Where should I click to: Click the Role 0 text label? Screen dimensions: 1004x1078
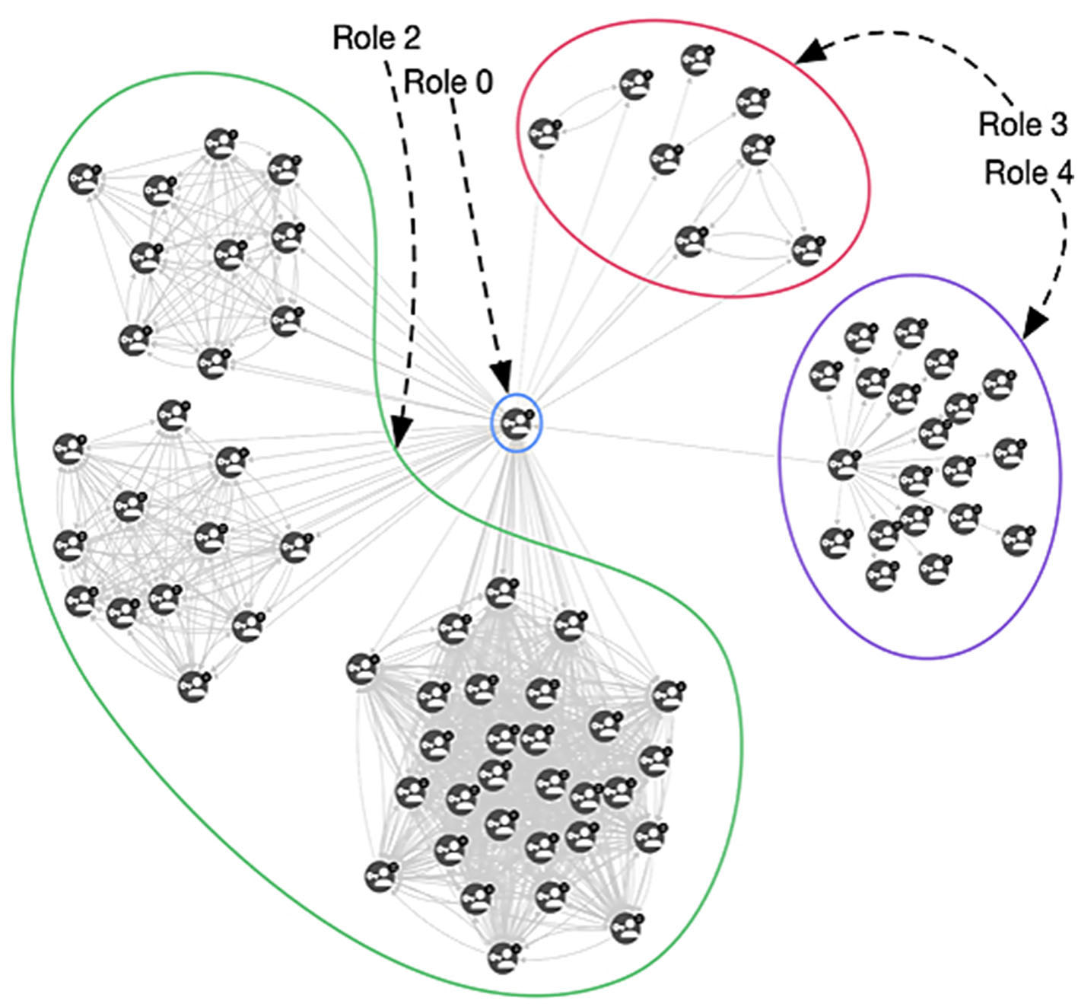point(448,81)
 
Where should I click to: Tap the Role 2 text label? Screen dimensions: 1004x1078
point(377,37)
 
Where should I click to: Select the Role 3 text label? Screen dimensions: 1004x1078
point(1023,124)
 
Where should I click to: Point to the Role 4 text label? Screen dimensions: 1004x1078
point(1029,173)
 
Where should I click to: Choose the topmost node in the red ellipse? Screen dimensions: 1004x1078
point(696,59)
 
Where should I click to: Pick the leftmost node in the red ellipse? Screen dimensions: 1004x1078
point(544,133)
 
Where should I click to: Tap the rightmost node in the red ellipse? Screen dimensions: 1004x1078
point(808,250)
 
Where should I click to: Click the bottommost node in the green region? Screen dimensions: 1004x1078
point(503,957)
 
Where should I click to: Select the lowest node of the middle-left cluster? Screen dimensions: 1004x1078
point(193,686)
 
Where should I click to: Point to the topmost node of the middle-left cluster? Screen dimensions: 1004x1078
point(173,414)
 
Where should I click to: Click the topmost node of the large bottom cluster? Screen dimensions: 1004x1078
point(500,592)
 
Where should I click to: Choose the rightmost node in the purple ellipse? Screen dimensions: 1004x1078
point(1019,539)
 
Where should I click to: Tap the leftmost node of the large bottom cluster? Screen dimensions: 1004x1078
point(362,668)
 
